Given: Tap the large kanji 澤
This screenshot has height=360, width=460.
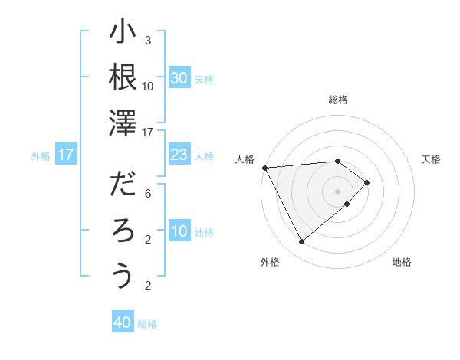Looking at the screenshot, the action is [123, 122].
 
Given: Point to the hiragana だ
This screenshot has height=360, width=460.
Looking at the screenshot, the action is [123, 186].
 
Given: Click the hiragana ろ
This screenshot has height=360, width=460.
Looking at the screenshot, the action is [123, 231].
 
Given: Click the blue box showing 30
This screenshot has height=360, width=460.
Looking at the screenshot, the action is [179, 78].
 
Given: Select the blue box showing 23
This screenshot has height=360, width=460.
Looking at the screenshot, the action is [179, 155].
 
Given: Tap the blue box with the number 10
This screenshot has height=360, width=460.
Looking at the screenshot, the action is [179, 232].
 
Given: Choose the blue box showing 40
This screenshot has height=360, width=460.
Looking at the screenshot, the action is [123, 323].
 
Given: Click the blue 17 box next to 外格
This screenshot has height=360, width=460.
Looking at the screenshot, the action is [66, 155].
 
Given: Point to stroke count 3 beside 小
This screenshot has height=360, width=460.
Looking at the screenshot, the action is [148, 40].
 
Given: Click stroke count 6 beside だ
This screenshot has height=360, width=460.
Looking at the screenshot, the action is [148, 194].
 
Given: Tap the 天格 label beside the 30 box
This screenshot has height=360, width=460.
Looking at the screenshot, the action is [204, 79].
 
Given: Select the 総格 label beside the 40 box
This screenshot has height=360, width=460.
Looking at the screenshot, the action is [147, 324].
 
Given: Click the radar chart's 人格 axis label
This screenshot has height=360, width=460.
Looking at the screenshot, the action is [245, 159].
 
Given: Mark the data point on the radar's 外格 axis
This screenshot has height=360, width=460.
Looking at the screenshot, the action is [301, 242].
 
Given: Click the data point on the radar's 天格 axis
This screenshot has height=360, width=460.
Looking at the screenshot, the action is [367, 182].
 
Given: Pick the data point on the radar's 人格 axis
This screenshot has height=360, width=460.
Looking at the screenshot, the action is [264, 167].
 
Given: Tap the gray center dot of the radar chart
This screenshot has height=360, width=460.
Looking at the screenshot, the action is [337, 191].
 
